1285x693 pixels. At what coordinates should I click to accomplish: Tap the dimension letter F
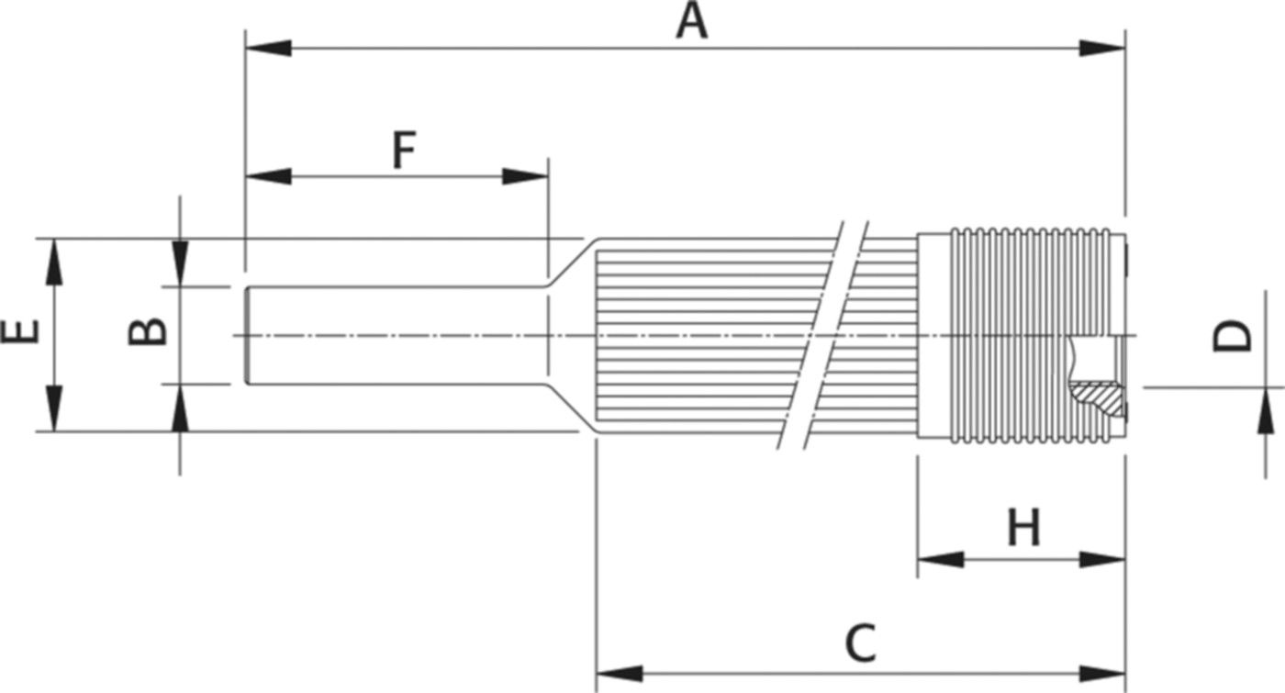coord(405,151)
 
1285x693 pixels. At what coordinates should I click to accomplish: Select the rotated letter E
coord(21,331)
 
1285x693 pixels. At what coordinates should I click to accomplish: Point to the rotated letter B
coord(148,331)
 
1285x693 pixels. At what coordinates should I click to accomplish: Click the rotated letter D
coord(1232,336)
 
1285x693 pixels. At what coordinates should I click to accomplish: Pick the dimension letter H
coord(1024,527)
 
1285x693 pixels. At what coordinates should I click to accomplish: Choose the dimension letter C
coord(861,643)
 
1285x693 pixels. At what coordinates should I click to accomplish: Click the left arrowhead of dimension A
coord(268,48)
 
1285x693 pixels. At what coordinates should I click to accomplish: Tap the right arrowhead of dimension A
coord(1102,48)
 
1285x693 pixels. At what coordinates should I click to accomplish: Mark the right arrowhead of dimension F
coord(525,176)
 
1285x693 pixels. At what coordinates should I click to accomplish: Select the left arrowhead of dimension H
coord(941,559)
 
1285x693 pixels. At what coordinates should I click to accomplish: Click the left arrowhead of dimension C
coord(620,674)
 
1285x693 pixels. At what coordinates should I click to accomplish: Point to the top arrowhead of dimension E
coord(54,262)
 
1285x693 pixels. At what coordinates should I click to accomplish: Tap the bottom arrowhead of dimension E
coord(54,408)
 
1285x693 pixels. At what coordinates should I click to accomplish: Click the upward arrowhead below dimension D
coord(1266,411)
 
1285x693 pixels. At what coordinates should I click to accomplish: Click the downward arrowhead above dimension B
coord(180,263)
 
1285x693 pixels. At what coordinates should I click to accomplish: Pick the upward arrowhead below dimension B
coord(180,408)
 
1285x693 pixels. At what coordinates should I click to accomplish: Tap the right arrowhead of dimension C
coord(1102,674)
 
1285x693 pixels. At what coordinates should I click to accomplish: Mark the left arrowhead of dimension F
coord(268,176)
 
